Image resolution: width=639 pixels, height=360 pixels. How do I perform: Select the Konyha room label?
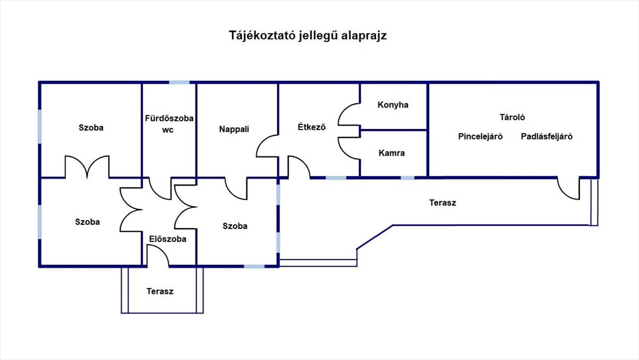pyautogui.click(x=393, y=105)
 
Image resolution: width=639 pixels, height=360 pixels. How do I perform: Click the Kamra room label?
pyautogui.click(x=391, y=153)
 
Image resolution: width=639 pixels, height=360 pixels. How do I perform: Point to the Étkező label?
pyautogui.click(x=312, y=127)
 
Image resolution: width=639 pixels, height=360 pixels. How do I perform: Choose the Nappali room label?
pyautogui.click(x=234, y=129)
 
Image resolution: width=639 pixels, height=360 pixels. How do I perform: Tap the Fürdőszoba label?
pyautogui.click(x=169, y=118)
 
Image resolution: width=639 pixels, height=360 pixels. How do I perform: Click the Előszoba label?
pyautogui.click(x=168, y=239)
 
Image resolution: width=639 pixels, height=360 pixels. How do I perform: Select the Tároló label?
pyautogui.click(x=512, y=117)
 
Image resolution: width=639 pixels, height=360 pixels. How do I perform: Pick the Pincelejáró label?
pyautogui.click(x=480, y=137)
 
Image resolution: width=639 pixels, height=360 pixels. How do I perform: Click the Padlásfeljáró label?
pyautogui.click(x=546, y=137)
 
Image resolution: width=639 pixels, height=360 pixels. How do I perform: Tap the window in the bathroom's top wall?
pyautogui.click(x=179, y=83)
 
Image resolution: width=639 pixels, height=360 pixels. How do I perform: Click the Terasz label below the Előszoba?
pyautogui.click(x=160, y=291)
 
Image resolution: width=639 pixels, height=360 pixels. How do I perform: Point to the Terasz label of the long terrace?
pyautogui.click(x=443, y=203)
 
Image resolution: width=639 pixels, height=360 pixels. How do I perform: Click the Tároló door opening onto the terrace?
pyautogui.click(x=563, y=193)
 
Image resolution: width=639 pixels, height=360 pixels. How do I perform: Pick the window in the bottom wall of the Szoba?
pyautogui.click(x=254, y=266)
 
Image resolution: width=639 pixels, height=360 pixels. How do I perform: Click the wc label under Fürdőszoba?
pyautogui.click(x=168, y=130)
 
